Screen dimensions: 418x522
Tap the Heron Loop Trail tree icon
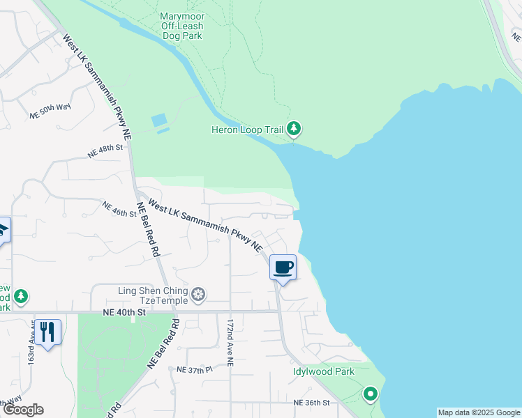294,129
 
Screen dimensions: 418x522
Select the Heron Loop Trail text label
248,130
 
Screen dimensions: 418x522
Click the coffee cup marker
283,268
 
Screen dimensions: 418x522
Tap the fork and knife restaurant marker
47,331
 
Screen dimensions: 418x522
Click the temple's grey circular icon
199,295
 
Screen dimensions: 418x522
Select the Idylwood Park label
323,372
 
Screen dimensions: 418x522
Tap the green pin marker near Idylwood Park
371,395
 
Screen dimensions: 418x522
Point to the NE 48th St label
105,149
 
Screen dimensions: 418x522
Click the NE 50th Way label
51,110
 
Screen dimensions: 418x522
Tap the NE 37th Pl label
195,370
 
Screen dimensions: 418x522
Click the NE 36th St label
311,403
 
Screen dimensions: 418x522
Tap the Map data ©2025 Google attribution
478,412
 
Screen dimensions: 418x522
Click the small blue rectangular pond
160,120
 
